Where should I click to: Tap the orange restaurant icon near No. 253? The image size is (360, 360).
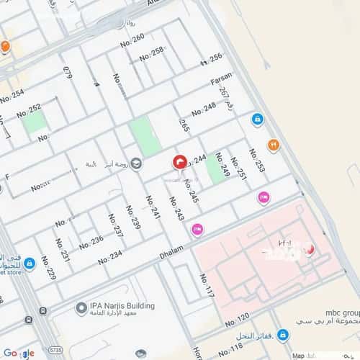274,145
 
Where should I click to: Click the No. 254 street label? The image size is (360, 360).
12,96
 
